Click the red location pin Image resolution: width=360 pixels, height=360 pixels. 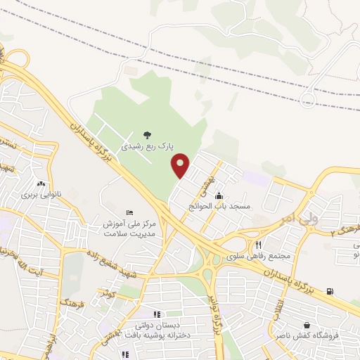[181, 164]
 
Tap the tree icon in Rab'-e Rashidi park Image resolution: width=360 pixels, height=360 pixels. [146, 134]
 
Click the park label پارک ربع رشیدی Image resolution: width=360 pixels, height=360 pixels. [146, 147]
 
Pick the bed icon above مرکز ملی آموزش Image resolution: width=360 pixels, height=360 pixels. [129, 212]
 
